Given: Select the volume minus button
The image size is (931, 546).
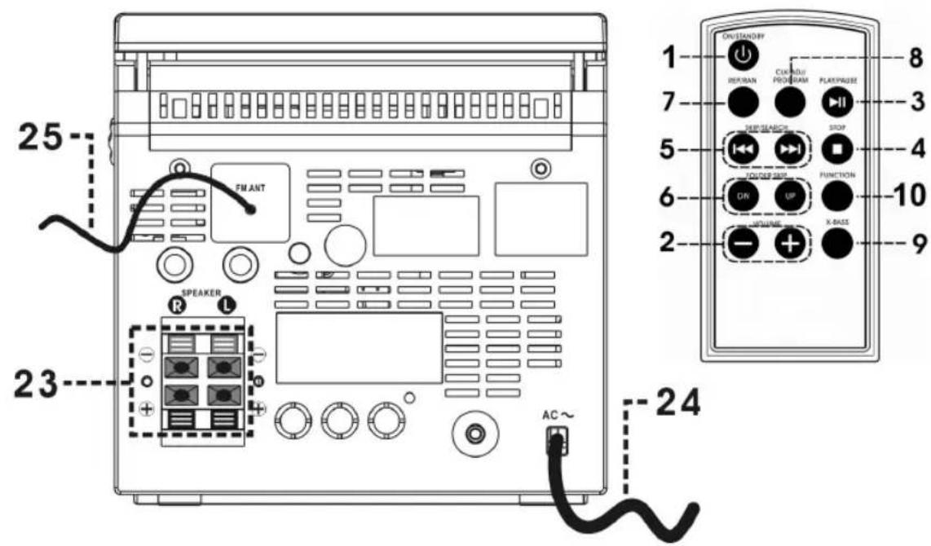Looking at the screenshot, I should click(x=744, y=243).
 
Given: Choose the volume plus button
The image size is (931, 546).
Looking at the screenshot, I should click(x=788, y=243).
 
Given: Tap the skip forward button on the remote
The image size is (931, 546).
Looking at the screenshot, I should click(x=788, y=148).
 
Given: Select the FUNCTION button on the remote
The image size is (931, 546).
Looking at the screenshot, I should click(x=837, y=196).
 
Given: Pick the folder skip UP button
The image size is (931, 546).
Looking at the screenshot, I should click(x=788, y=196).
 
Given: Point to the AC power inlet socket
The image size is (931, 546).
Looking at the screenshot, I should click(x=557, y=439).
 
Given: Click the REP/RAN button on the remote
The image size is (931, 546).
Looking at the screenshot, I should click(x=744, y=101).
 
